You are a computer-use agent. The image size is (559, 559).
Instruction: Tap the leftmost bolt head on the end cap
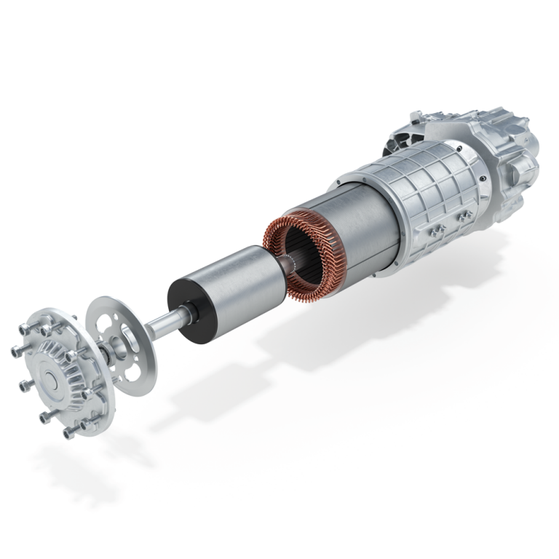tap(15, 352)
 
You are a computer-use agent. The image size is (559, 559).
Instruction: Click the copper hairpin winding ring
tap(291, 255)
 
